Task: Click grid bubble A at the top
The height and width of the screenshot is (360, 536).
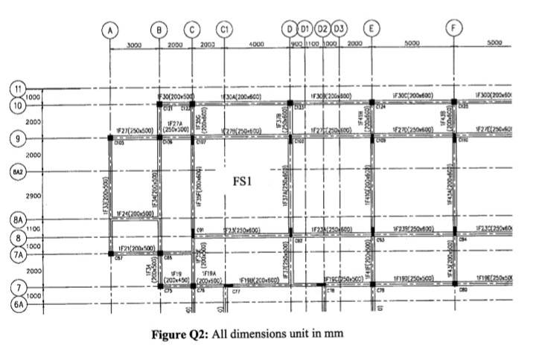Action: pos(110,30)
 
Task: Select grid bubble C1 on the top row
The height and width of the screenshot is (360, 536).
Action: pos(223,30)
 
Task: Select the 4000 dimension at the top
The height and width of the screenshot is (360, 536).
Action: pos(256,45)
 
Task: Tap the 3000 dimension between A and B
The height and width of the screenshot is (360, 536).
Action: pos(134,45)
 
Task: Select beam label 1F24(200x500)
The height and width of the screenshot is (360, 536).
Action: pos(135,213)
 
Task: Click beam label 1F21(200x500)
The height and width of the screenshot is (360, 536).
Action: pos(137,248)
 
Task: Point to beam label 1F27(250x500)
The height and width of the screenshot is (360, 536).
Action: pos(135,131)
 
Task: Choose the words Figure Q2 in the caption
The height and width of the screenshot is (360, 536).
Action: pos(181,333)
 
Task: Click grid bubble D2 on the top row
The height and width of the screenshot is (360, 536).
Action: pos(322,30)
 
